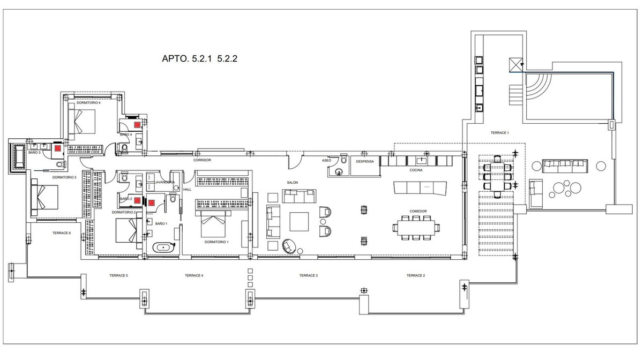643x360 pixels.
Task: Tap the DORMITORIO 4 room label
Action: click(x=88, y=102)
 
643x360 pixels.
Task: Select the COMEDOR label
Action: click(x=418, y=211)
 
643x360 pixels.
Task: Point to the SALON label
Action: click(x=292, y=183)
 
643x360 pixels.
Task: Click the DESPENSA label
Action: click(x=365, y=161)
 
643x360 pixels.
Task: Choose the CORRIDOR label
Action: click(x=202, y=160)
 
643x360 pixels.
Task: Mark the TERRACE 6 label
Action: click(x=62, y=233)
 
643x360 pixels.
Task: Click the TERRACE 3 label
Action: click(x=308, y=275)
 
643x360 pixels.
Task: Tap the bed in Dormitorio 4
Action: click(x=81, y=121)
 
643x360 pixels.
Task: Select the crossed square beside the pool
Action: click(x=516, y=65)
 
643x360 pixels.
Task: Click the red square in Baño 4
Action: click(x=138, y=124)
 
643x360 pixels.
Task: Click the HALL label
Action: click(x=187, y=189)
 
